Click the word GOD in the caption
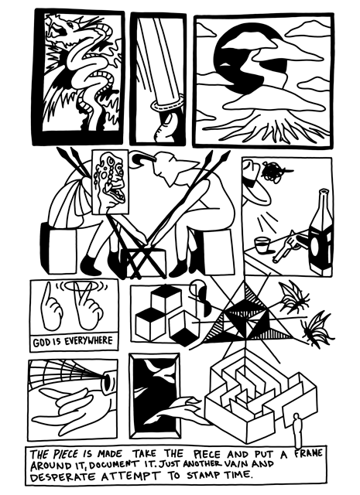[x=40, y=342]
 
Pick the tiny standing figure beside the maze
[x=297, y=430]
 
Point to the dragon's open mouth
[x=61, y=29]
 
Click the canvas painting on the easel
[x=110, y=182]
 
